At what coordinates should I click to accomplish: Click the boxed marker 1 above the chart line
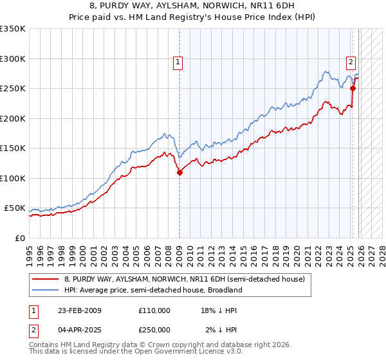click(178, 62)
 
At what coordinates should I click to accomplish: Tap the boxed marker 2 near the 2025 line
click(351, 62)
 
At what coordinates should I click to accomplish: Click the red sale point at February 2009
click(179, 172)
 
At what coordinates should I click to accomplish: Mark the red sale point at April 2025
click(353, 89)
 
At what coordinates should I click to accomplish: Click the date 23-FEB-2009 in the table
click(79, 310)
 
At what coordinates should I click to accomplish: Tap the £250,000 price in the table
click(154, 329)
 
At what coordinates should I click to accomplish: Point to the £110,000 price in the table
click(154, 310)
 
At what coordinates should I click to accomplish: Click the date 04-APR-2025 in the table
click(79, 329)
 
